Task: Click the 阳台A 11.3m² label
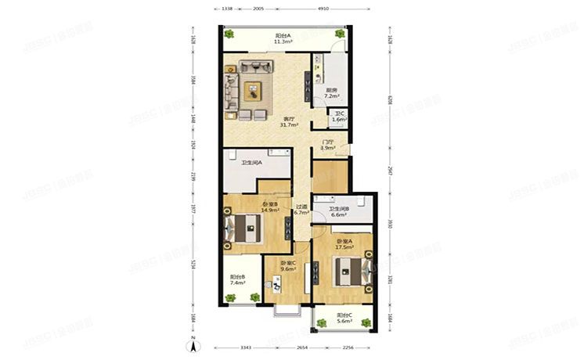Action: pos(283,39)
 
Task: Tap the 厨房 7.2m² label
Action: pos(331,93)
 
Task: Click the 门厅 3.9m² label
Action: pos(329,146)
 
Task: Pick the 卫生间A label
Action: pos(251,163)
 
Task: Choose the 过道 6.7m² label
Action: pos(301,211)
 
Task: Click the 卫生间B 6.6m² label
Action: pos(339,211)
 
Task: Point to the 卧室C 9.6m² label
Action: pos(288,265)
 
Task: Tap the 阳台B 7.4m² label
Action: pos(238,279)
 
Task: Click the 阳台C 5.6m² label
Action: pos(344,319)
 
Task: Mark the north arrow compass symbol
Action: pos(190,347)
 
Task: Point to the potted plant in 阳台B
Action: pos(231,297)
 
